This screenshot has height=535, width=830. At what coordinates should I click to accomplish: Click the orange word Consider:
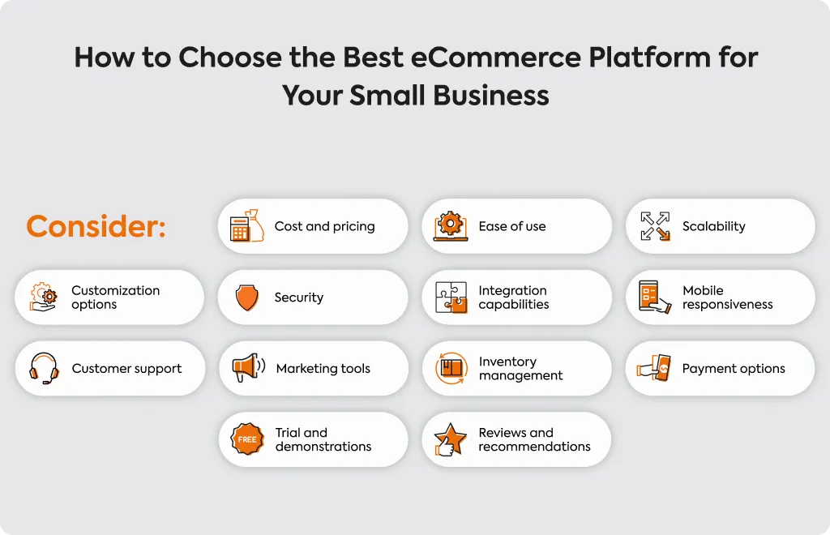tap(96, 226)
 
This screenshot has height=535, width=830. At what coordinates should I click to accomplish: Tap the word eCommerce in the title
tap(495, 58)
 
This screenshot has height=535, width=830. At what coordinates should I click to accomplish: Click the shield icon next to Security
tap(246, 297)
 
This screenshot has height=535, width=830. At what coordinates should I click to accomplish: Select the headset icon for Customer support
tap(44, 368)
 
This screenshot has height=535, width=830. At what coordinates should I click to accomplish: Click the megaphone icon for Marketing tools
tap(248, 367)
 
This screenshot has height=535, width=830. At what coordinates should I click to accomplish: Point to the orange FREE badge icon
tap(247, 439)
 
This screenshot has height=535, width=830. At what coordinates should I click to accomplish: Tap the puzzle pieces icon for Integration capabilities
tap(451, 297)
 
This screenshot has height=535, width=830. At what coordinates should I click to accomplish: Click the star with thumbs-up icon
tap(450, 439)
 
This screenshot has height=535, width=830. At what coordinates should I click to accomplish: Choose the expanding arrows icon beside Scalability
tap(655, 226)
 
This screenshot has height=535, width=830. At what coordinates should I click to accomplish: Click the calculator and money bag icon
tap(246, 226)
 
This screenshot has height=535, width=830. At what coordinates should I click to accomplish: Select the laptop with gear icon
tap(451, 226)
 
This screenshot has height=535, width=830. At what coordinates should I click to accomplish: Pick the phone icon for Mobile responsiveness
tap(654, 297)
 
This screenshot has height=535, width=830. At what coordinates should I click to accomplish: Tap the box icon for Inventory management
tap(451, 368)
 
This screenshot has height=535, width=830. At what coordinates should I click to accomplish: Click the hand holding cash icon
tap(654, 368)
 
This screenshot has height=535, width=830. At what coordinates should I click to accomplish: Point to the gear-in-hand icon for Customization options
tap(44, 297)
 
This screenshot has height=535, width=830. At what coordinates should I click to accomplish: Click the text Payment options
tap(734, 369)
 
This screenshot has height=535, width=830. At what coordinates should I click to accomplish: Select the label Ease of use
tap(512, 226)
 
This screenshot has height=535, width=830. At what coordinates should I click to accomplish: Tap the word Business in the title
tap(491, 96)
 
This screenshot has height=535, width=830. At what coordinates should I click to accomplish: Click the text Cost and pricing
tap(324, 226)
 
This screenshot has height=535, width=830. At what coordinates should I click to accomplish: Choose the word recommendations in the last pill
tap(535, 447)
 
